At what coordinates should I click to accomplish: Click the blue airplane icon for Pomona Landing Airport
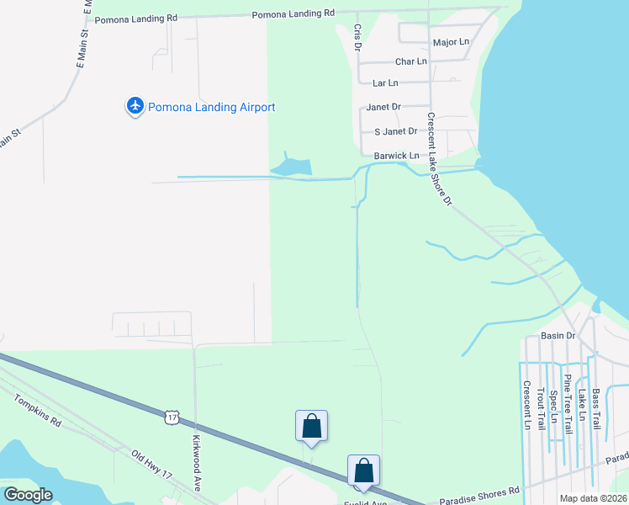coord(135,107)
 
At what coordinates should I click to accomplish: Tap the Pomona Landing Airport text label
coord(212,108)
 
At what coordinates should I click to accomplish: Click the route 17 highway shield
coord(172,417)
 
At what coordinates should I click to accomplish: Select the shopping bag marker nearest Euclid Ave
coord(363,470)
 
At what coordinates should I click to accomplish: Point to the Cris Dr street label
coord(357,38)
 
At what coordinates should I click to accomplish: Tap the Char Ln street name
coord(410,61)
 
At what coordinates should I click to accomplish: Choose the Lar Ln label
coord(385,83)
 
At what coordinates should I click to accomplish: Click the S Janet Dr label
coord(395,131)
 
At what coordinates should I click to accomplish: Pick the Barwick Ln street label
coord(396,156)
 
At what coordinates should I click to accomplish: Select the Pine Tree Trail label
coord(568,403)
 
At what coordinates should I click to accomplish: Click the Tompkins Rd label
coord(38,411)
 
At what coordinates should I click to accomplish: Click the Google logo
coord(28,495)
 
